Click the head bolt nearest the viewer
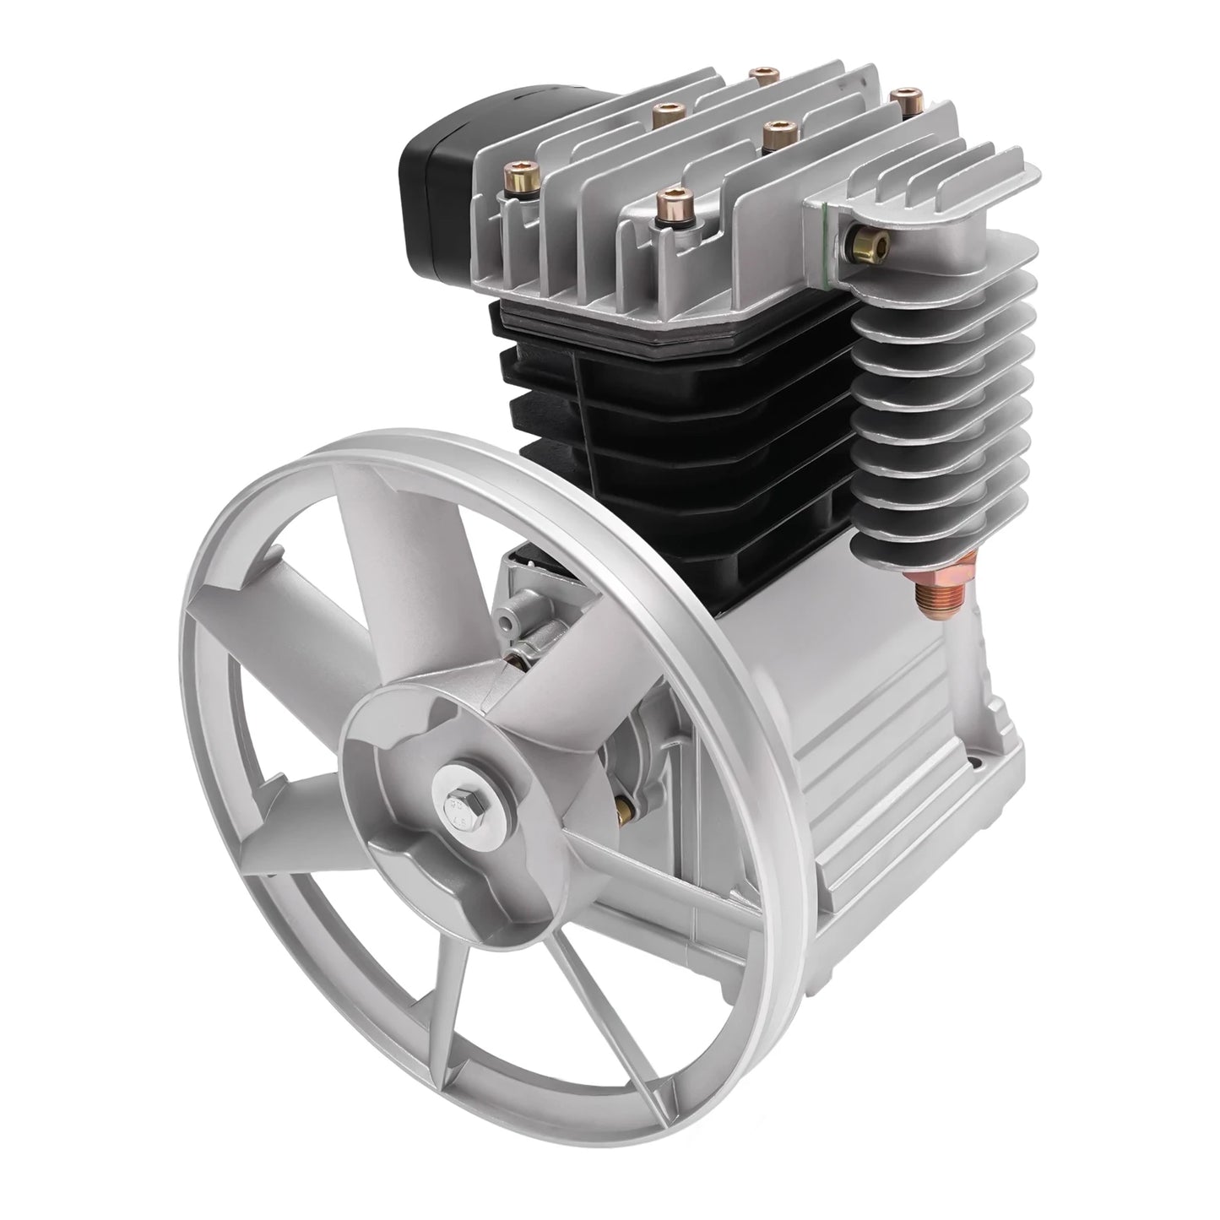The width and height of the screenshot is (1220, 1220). coord(675,203)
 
